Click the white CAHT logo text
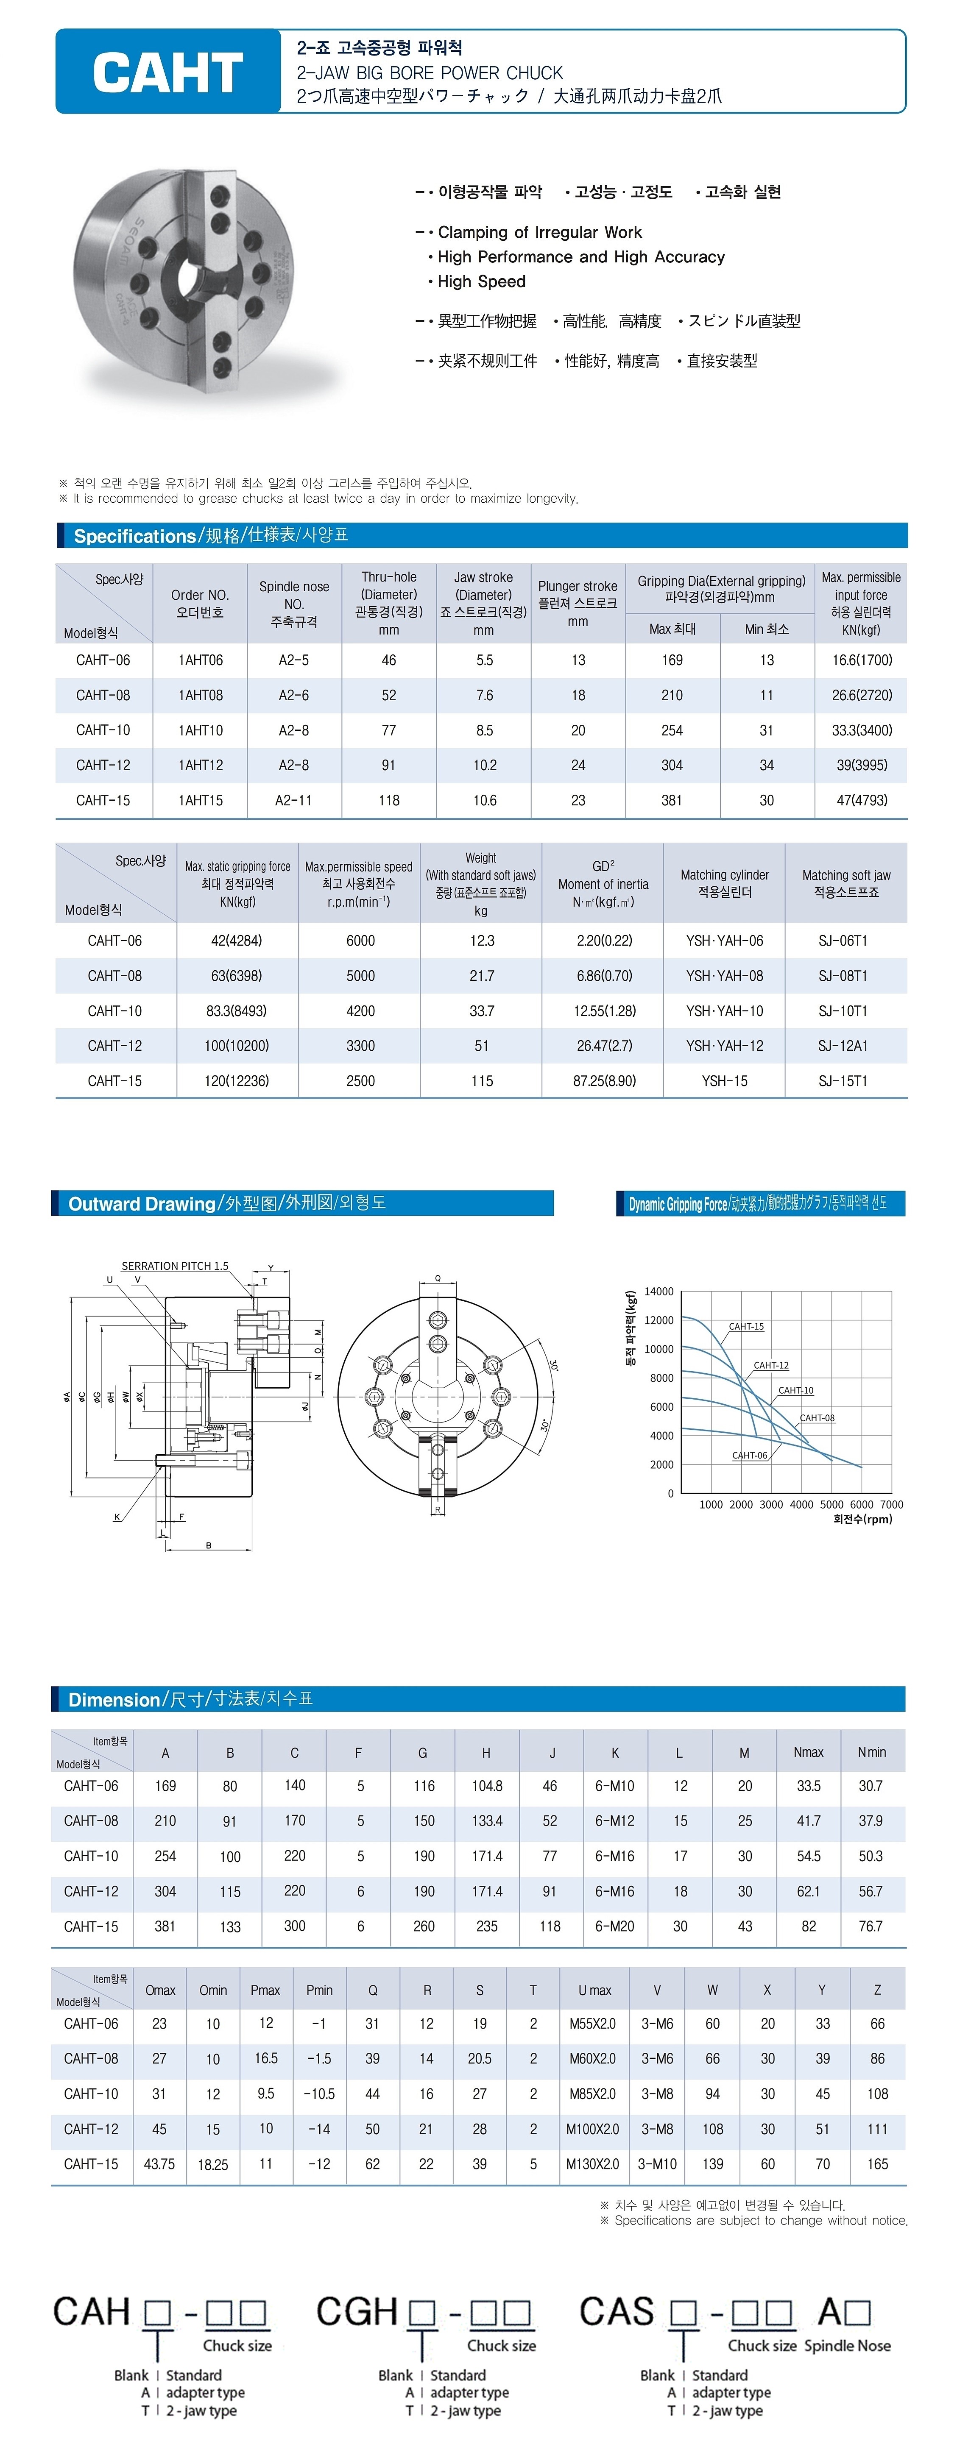click(168, 72)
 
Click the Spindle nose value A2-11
click(294, 801)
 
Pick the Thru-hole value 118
click(389, 801)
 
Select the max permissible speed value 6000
click(361, 941)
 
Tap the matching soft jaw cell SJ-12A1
click(843, 1046)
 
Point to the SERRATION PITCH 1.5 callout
click(175, 1266)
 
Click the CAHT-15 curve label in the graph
click(746, 1326)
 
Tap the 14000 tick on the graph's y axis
click(658, 1292)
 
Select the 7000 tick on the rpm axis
click(891, 1505)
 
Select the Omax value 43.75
click(159, 2164)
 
